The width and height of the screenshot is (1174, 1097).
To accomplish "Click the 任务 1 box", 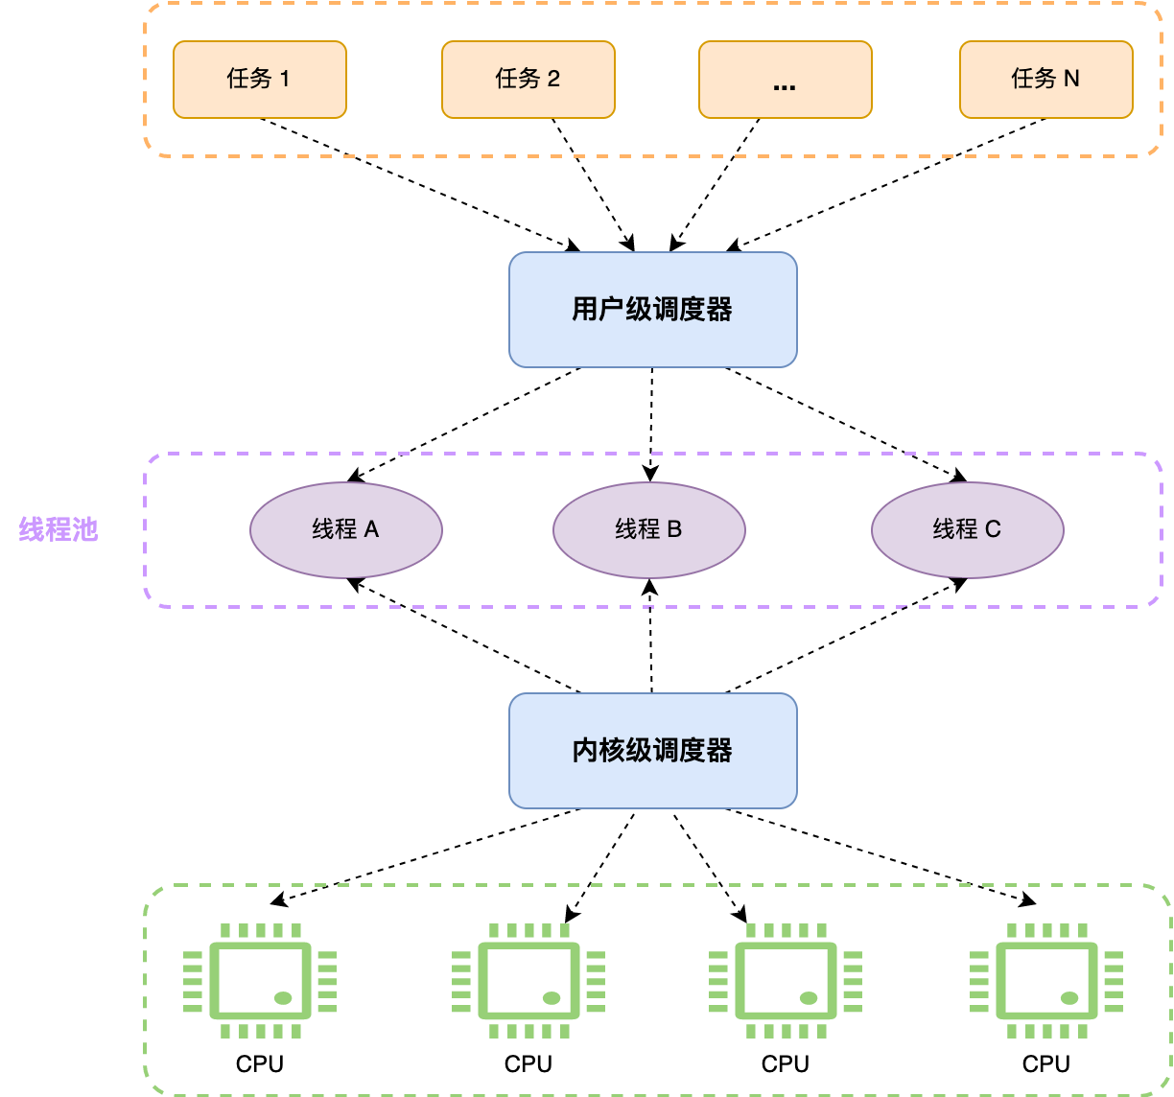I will point(259,80).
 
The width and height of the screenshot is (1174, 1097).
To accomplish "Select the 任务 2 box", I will point(528,80).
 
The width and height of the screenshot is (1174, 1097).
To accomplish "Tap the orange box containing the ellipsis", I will point(785,80).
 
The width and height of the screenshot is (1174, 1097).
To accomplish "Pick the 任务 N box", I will point(1045,80).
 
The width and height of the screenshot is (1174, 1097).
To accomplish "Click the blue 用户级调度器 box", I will point(652,310).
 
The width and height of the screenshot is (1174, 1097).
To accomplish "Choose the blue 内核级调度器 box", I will point(652,751).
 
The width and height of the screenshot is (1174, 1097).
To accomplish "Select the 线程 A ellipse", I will point(345,530).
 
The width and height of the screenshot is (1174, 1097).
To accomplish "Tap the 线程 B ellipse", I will point(648,530).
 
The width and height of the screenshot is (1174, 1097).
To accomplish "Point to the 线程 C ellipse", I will point(967,530).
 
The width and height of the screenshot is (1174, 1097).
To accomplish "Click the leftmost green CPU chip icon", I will point(260,981).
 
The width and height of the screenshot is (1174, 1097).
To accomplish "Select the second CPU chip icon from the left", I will point(528,981).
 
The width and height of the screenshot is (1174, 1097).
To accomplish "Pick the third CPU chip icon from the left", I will point(786,981).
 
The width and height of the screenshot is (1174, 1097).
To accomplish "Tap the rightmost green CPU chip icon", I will point(1046,981).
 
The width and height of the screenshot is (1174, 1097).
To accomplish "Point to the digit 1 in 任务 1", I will point(284,79).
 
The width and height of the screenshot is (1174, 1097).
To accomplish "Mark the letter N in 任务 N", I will point(1070,79).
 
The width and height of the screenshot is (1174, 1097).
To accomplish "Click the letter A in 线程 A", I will point(371,529).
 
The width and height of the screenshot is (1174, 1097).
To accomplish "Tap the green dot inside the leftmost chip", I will point(283,998).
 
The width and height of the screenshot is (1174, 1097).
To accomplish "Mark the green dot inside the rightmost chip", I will point(1069,998).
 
